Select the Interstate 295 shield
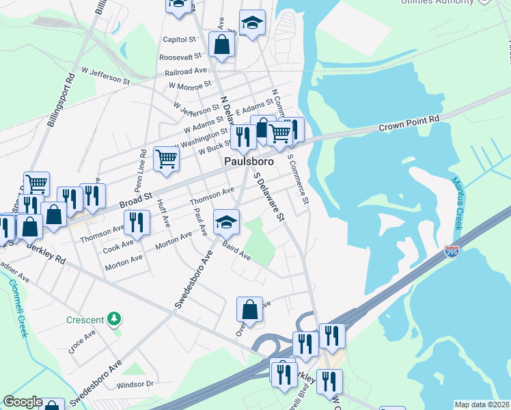point(452,252)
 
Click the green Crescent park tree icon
point(115,318)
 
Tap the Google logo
point(23,402)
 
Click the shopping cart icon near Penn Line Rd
point(166,159)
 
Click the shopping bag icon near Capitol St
point(222,44)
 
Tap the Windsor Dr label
point(136,384)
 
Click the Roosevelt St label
point(180,57)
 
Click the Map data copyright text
point(482,405)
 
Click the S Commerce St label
point(299,179)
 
